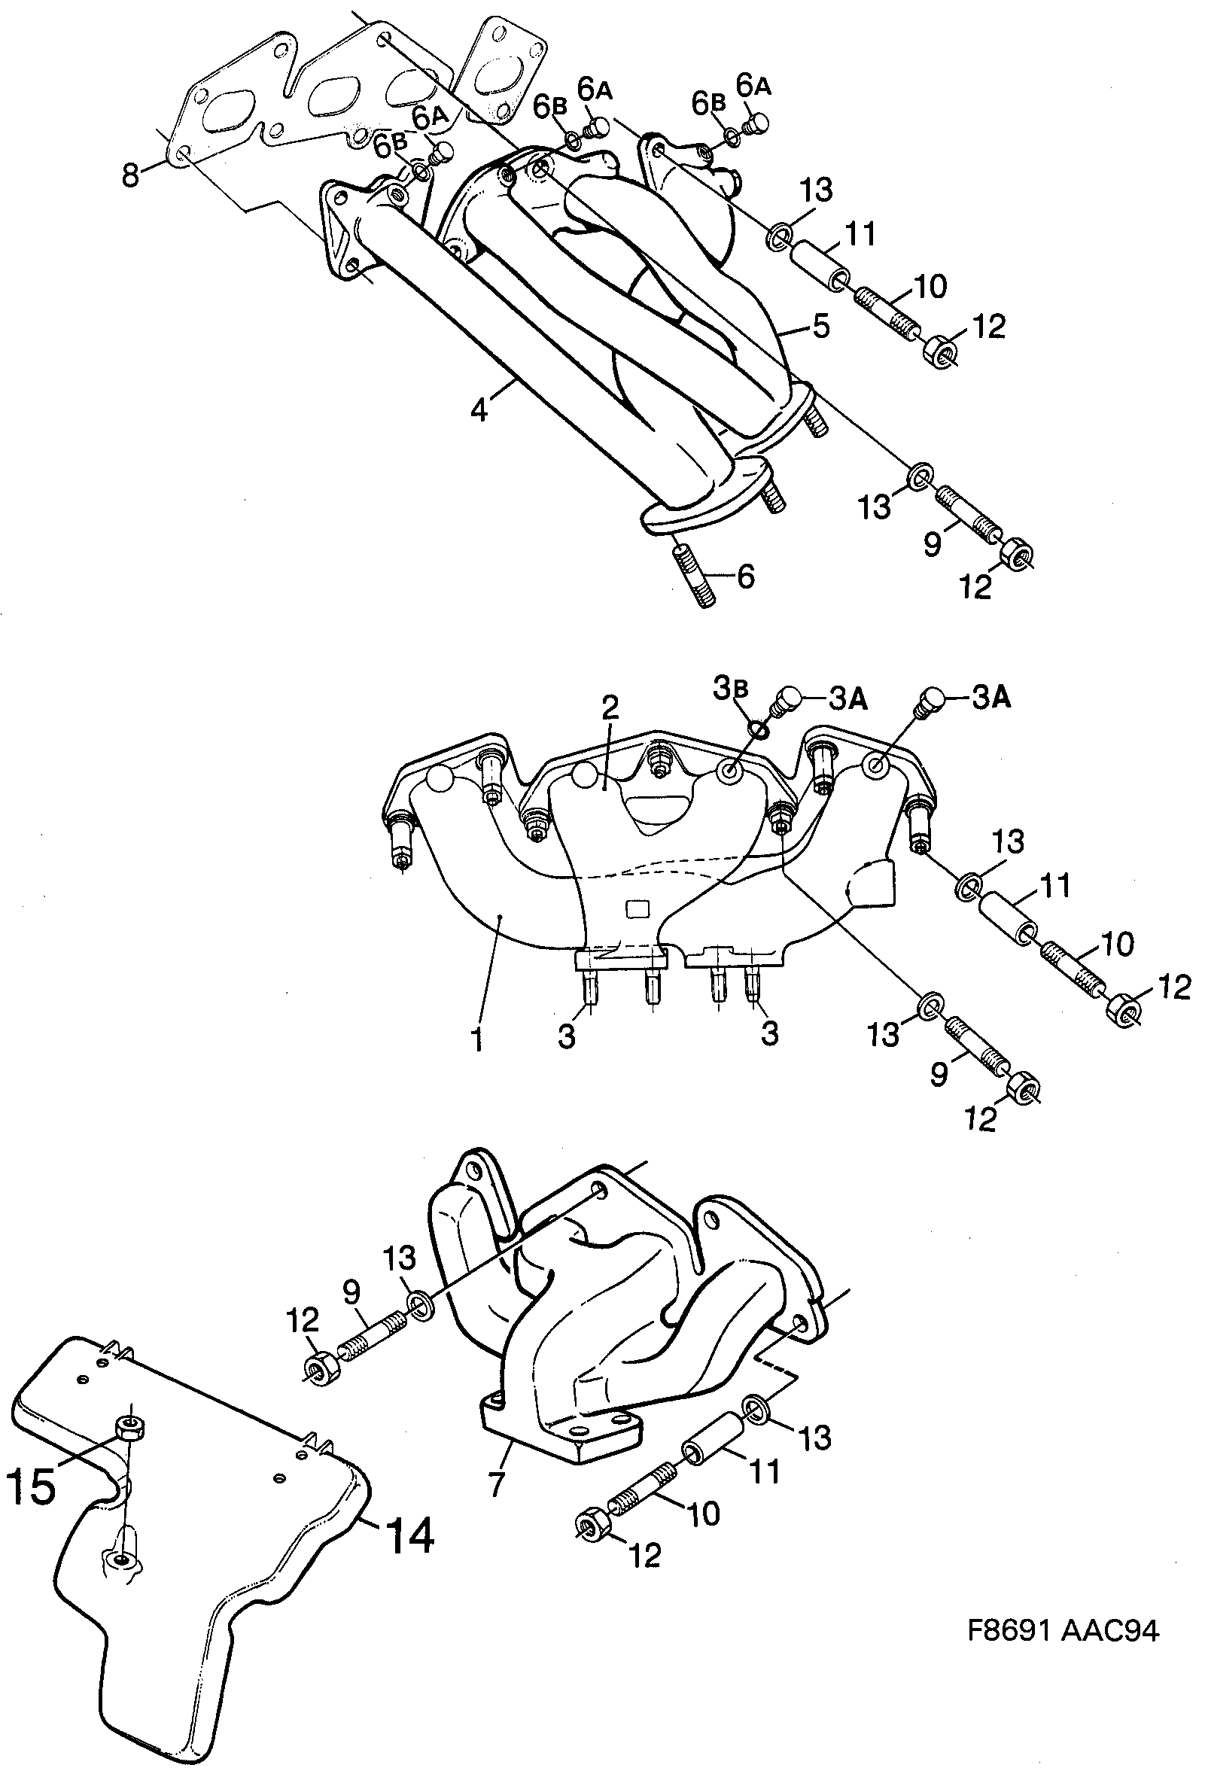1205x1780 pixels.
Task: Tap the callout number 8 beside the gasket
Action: (x=131, y=175)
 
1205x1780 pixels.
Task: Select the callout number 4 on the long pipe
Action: (x=478, y=409)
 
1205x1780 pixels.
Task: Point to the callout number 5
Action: (x=820, y=327)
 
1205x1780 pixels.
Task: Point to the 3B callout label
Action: (x=727, y=690)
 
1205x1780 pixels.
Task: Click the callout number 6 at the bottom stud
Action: (x=745, y=576)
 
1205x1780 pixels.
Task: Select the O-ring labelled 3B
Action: (x=759, y=728)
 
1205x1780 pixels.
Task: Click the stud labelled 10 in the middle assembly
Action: (x=1070, y=974)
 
